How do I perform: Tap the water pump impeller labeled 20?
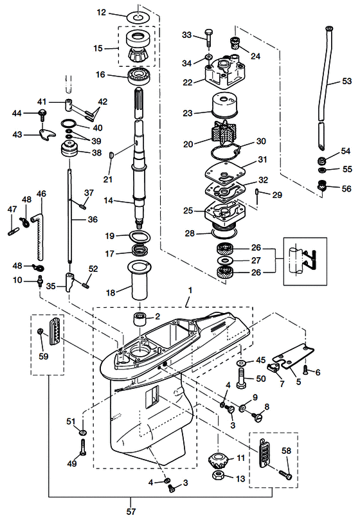[221, 138]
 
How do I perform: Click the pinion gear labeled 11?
[219, 460]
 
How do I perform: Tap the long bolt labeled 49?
[83, 446]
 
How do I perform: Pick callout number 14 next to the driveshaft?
[109, 201]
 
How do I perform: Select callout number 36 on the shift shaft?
[93, 219]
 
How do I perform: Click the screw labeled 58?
[285, 476]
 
